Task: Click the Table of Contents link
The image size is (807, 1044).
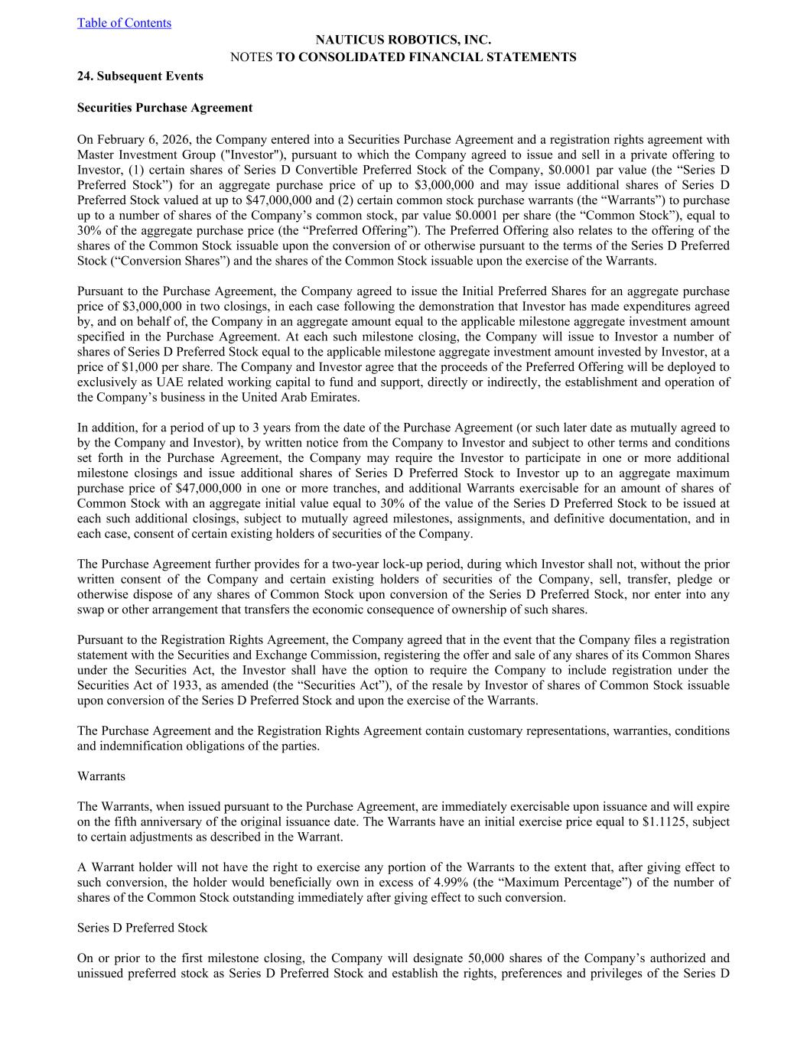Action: [124, 23]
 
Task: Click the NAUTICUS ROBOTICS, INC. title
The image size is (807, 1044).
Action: [403, 40]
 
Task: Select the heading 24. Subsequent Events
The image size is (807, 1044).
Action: [140, 76]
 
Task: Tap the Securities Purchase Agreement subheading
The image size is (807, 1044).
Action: [164, 108]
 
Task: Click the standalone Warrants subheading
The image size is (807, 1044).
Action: [101, 776]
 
